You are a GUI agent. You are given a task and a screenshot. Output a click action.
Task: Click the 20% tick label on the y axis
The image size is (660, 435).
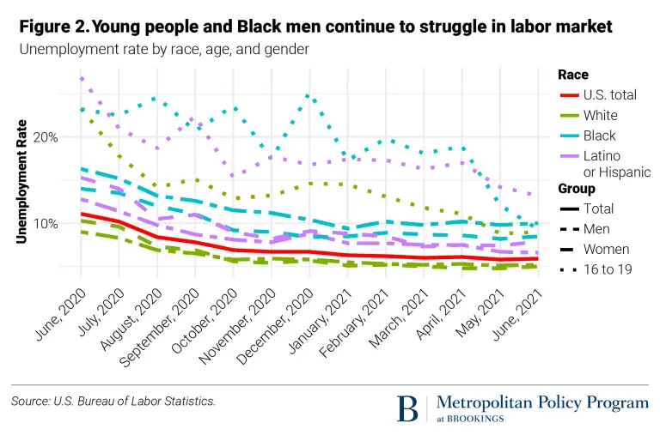(x=46, y=137)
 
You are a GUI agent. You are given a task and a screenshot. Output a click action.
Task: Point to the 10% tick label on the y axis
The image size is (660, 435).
(x=46, y=224)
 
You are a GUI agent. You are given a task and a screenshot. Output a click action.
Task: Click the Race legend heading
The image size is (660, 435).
(x=573, y=74)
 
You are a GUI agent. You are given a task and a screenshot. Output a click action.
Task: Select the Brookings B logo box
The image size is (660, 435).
(x=410, y=408)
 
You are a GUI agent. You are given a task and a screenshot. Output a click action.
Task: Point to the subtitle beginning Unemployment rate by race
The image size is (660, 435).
(x=163, y=49)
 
